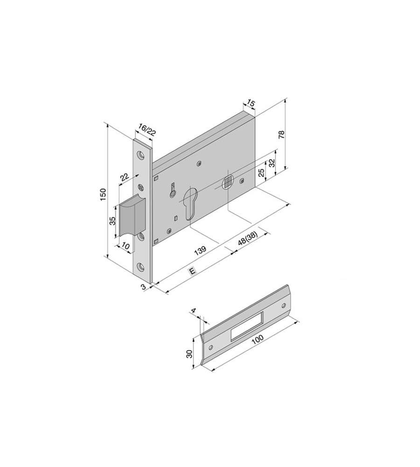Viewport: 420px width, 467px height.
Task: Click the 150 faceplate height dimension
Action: tap(103, 194)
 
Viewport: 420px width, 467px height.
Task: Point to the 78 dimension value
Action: tap(281, 134)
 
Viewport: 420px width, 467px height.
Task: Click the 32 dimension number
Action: tap(272, 163)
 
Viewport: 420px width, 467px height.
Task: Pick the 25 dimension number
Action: tap(261, 173)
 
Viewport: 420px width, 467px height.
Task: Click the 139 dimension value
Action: tap(200, 250)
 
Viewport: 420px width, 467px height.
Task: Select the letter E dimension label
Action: tap(192, 271)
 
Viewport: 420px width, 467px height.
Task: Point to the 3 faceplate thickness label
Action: tap(143, 287)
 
